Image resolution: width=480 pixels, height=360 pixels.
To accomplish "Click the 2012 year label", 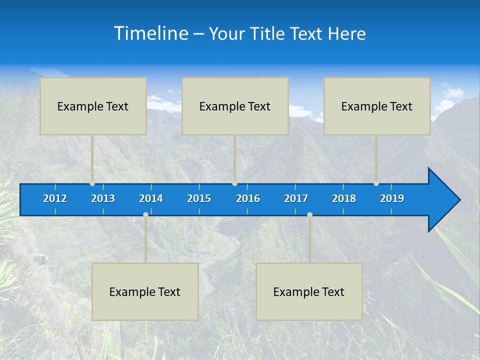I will click(55, 198).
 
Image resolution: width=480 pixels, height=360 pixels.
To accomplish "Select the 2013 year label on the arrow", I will click(103, 198).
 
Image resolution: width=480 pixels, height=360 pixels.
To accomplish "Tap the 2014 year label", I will click(151, 198).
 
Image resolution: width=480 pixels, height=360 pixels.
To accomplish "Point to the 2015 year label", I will click(199, 198).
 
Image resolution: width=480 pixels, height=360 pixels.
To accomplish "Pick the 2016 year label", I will click(248, 198).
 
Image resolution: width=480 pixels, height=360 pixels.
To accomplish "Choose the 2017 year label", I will click(296, 198).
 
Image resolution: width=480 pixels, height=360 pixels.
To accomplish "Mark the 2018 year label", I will click(344, 198).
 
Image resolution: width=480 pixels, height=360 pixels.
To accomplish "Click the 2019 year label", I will click(392, 198).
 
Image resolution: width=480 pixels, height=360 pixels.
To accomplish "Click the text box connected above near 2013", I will click(93, 106).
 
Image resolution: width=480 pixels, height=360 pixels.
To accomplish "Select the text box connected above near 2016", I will click(235, 106).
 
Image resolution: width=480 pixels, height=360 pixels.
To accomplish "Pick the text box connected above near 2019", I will click(377, 106).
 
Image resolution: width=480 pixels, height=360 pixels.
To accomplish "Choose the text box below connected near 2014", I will click(145, 291).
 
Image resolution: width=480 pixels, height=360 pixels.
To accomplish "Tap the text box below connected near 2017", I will click(309, 291).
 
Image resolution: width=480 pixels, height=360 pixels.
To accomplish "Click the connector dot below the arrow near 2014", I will click(145, 214).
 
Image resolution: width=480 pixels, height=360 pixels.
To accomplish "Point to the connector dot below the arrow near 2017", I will click(309, 214).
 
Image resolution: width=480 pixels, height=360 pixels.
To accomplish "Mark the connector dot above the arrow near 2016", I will click(234, 183).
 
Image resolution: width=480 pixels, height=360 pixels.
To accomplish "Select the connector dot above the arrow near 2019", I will click(376, 183).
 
